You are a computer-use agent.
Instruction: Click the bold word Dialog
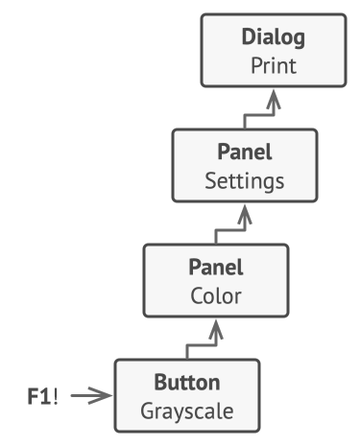coord(274,37)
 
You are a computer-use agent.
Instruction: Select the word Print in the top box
coord(274,66)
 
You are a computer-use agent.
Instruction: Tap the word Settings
coord(245,181)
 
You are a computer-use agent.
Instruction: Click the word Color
coord(216,296)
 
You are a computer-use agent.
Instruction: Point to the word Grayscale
coord(187,411)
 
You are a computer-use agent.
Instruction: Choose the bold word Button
coord(187,383)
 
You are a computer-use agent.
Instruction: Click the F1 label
coord(39,396)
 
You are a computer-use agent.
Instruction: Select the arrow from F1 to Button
coord(91,396)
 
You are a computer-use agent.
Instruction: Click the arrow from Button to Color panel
coord(202,345)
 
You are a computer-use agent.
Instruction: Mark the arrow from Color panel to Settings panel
coord(230,230)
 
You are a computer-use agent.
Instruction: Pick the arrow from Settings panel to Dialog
coord(259,115)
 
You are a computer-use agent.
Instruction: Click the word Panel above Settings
coord(245,152)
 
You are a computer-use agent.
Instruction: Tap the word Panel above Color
coord(216,267)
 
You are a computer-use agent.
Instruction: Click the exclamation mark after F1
coord(56,396)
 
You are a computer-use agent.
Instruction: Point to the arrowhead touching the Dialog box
coord(274,99)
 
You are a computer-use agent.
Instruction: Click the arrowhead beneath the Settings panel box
coord(245,214)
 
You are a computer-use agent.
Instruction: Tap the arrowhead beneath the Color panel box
coord(216,329)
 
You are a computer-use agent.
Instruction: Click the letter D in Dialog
coord(249,36)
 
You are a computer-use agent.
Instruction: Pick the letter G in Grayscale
coord(148,411)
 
